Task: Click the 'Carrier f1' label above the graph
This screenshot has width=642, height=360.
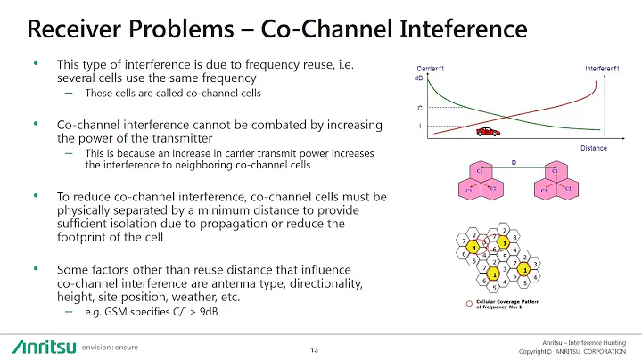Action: tap(430, 69)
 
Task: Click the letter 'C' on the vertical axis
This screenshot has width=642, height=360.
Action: tap(420, 109)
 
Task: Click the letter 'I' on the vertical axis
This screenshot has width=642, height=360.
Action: tap(420, 126)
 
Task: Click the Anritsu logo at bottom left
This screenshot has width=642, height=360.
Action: tap(43, 345)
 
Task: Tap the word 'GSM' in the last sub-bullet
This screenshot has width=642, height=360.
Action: tap(115, 313)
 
